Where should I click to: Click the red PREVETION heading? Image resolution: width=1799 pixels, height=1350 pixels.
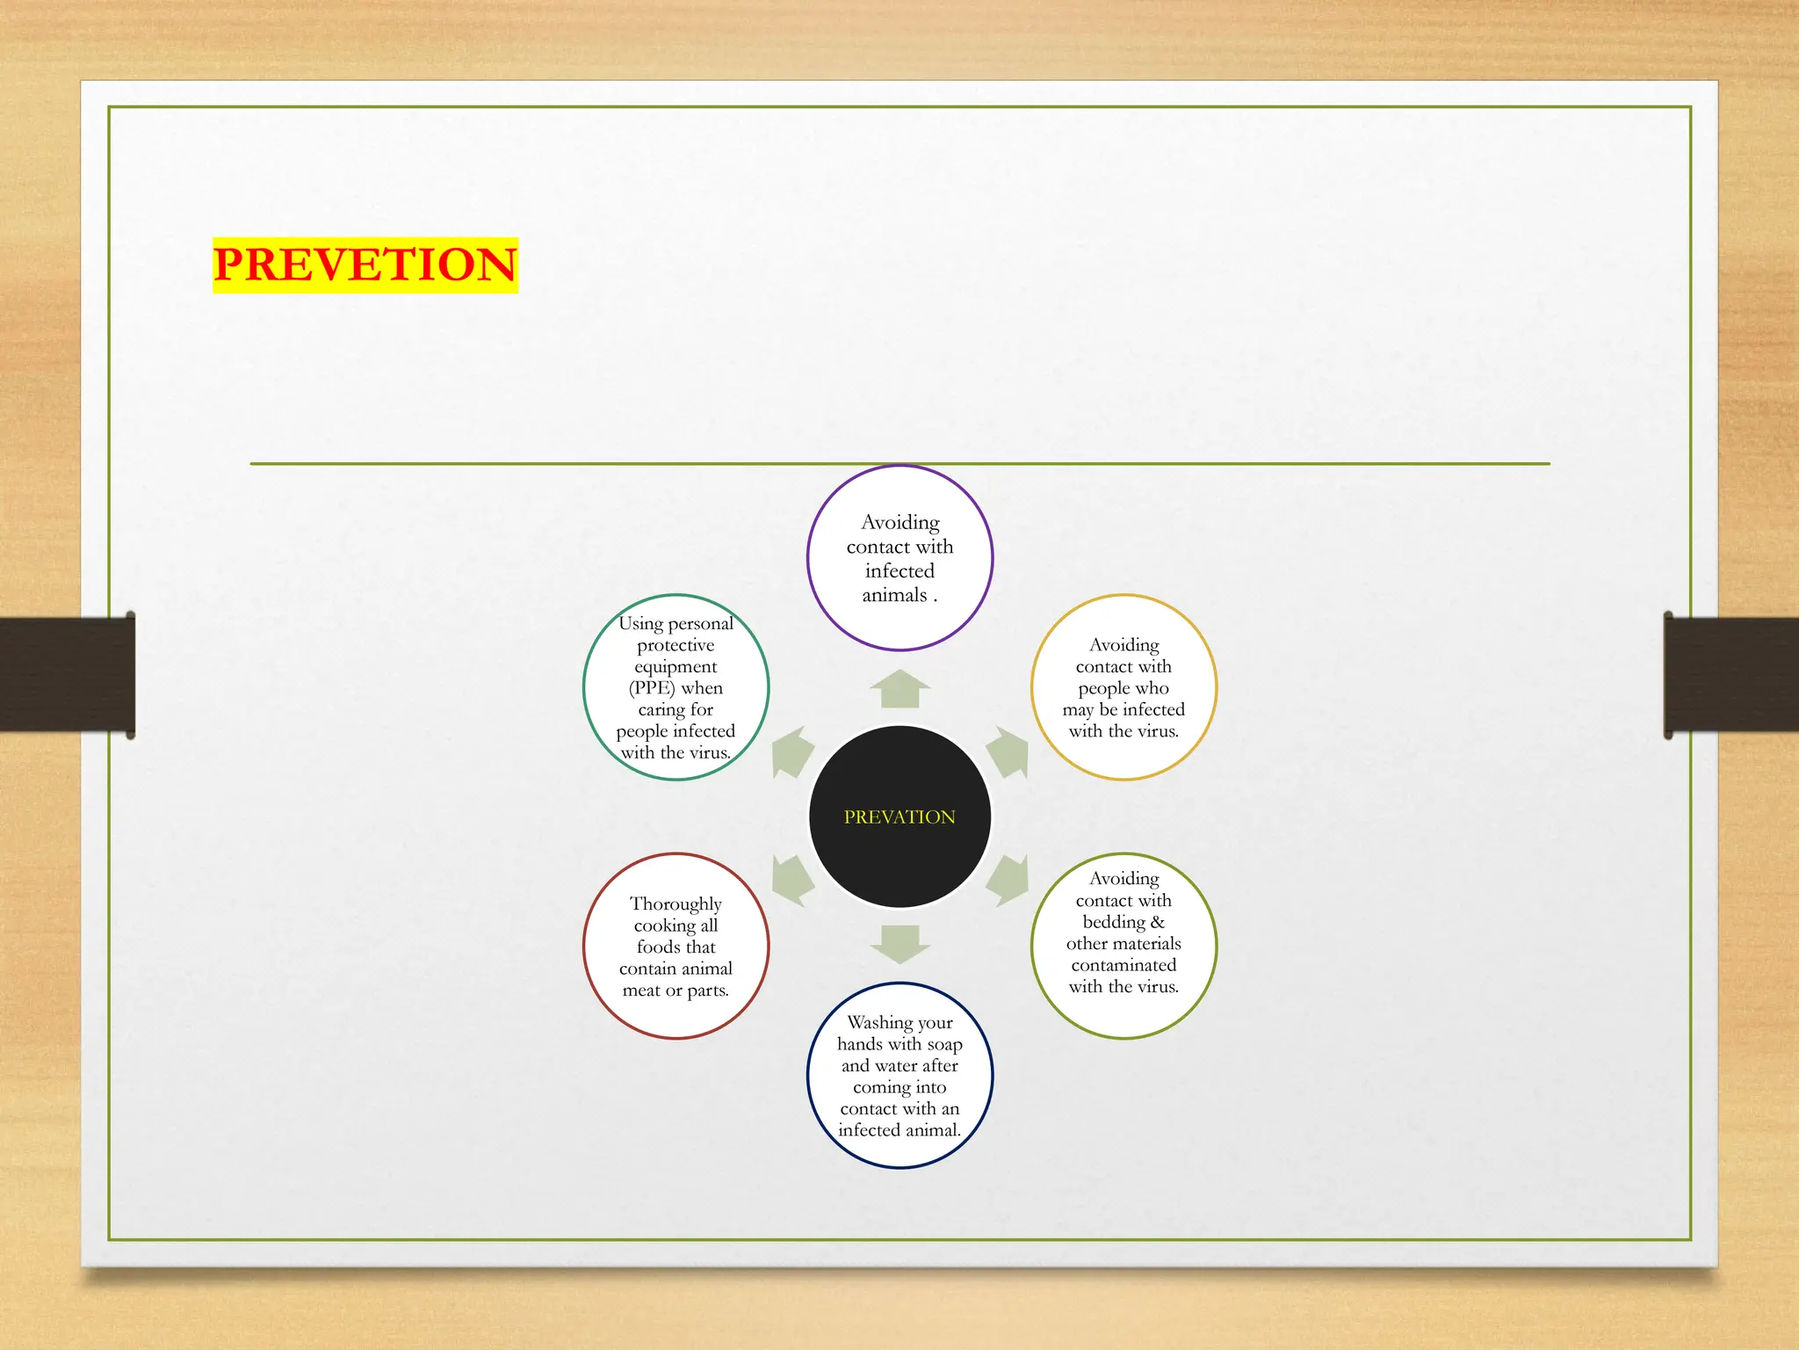coord(365,265)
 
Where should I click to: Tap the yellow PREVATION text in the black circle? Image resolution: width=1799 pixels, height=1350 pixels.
coord(899,817)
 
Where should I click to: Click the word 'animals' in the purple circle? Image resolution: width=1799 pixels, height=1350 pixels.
coord(894,596)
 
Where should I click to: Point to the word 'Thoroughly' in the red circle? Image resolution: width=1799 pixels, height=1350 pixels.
coord(676,904)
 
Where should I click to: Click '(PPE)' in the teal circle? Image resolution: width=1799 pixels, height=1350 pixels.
coord(652,688)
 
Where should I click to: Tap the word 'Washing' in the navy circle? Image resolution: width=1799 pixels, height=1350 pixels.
coord(879,1023)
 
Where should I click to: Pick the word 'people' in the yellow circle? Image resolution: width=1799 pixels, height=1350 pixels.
coord(1104,688)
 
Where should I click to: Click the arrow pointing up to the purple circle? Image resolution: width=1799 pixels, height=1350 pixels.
coord(899,689)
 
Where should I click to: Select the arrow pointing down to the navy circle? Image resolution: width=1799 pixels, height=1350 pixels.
coord(899,944)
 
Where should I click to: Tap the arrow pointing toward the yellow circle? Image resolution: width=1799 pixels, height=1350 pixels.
coord(1008,752)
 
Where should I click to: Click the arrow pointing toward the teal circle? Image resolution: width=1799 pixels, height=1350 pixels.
coord(791,752)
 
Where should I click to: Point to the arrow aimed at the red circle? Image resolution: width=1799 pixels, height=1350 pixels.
coord(791,880)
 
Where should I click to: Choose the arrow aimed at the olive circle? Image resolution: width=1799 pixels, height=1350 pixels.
coord(1008,880)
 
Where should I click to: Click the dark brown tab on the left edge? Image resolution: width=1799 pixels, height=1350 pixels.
coord(67,675)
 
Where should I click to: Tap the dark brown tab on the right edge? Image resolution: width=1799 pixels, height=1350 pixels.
coord(1731,675)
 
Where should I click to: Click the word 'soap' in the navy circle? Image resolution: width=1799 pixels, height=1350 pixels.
coord(944,1045)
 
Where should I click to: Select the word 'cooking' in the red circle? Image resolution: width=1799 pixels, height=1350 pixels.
coord(664,925)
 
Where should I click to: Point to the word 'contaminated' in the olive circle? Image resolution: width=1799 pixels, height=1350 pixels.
coord(1123,965)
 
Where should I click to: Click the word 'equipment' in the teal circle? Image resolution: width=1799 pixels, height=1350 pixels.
coord(676,667)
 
